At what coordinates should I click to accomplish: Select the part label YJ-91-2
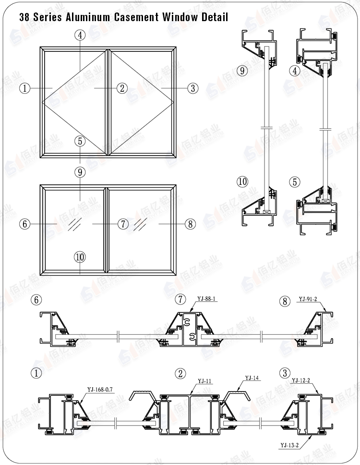click(x=308, y=299)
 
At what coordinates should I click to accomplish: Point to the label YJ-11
click(x=205, y=381)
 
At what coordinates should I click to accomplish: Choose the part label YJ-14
click(x=252, y=378)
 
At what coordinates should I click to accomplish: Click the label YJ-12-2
click(x=301, y=381)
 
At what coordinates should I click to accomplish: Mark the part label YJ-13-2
click(x=289, y=445)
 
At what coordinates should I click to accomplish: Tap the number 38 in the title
click(x=24, y=17)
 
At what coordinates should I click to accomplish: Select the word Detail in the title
click(x=213, y=17)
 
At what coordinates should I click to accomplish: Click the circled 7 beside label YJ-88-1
click(x=180, y=300)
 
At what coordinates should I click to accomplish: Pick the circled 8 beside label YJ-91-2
click(x=285, y=301)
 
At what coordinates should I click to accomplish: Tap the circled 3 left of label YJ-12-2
click(x=285, y=373)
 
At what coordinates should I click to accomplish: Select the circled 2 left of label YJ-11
click(x=180, y=373)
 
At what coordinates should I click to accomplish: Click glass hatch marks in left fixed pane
click(x=74, y=223)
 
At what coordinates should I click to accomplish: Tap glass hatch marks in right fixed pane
click(x=140, y=223)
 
